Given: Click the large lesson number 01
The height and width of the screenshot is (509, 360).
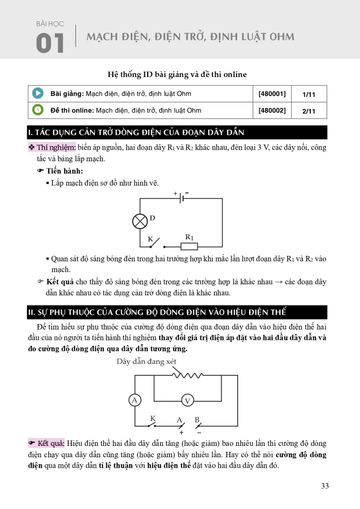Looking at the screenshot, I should coord(50,44).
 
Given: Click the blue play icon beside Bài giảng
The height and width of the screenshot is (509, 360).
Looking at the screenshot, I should coord(37,93).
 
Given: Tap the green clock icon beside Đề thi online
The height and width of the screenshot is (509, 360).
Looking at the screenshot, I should coord(37,110).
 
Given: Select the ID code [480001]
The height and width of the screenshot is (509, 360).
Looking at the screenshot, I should coord(272,93).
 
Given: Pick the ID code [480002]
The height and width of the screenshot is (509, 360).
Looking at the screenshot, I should coord(272,110).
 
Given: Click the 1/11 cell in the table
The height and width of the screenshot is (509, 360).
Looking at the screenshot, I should coord(309,94).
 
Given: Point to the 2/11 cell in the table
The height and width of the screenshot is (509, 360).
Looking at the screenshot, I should coord(309,111).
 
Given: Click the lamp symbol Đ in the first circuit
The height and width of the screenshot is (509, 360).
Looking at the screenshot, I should coord(140,221).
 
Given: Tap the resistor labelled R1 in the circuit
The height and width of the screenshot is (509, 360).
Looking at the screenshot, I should coord(189,246).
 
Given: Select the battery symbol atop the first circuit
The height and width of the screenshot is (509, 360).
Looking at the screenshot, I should coord(181,198).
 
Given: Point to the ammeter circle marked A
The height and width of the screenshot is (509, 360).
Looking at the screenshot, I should coord(134,400).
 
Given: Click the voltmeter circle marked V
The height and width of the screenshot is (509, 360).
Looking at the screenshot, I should coord(187,401).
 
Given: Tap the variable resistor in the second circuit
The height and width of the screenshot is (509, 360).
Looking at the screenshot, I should coord(187,376).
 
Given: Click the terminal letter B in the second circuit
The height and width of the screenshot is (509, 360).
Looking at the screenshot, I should coord(197,420).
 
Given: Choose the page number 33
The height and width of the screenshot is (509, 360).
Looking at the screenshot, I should coord(325,486).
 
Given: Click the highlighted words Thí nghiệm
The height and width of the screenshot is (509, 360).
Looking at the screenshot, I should coord(56,147).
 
